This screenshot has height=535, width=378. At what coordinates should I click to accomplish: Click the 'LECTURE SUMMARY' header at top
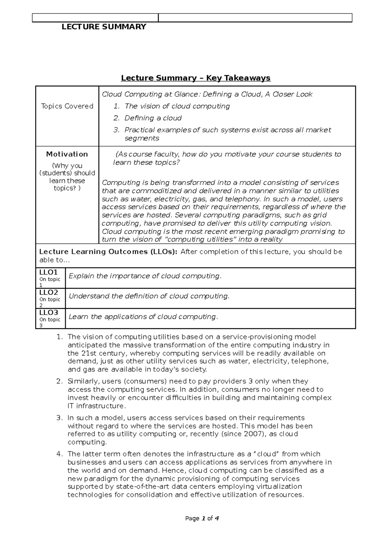coord(104,27)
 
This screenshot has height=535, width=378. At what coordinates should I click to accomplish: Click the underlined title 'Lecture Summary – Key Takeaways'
coord(196,78)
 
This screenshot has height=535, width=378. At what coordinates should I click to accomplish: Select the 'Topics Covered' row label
coord(67,106)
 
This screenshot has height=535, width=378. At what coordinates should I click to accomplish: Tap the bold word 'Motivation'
coord(67,154)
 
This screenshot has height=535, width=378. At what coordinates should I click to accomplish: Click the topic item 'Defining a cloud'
coord(153,118)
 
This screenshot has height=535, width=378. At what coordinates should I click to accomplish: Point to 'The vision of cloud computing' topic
coord(177,106)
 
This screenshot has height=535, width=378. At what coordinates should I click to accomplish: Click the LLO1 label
coord(49,272)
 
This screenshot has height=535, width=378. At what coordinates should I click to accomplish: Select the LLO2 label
coord(49,292)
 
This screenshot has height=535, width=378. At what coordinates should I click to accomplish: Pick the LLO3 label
coord(49,313)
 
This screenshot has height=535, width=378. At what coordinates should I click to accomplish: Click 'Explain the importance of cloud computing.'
coord(145,276)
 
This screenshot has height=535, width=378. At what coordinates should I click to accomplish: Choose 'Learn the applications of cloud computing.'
coord(143,317)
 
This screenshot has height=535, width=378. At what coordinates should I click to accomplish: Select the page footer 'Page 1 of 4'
coord(202,518)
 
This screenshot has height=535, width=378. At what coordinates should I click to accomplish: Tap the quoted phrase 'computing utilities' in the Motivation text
coord(202,239)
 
